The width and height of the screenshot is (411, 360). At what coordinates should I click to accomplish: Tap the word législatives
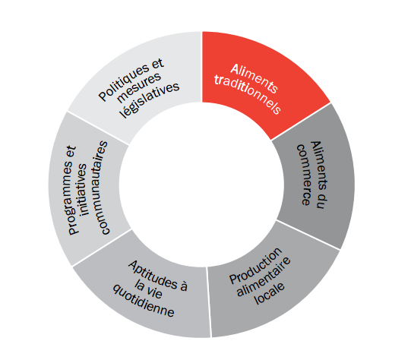pos(150,100)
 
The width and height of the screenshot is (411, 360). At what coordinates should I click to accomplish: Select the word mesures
pos(139,87)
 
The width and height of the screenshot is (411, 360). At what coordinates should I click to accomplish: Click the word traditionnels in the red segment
pos(248,94)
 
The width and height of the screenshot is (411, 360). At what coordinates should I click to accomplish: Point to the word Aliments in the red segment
pos(255,78)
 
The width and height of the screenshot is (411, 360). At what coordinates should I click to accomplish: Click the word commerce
pos(305,175)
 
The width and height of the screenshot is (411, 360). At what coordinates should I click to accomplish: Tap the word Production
pos(256,265)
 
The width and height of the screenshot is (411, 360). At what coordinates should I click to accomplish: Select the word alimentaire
pos(264,276)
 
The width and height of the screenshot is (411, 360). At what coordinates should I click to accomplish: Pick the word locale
pos(270,293)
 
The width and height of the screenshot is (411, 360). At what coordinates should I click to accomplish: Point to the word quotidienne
pos(144,302)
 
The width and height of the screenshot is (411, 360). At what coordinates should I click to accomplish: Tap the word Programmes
pos(72,190)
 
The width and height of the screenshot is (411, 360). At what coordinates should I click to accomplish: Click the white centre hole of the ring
pos(202,185)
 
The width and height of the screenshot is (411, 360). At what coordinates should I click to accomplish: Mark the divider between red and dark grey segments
pos(301,121)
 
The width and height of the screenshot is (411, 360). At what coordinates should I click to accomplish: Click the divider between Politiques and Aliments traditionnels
pos(201,67)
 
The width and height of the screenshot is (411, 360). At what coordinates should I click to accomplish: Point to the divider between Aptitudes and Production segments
pos(209,302)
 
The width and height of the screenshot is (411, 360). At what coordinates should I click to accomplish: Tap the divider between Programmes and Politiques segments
pos(98,128)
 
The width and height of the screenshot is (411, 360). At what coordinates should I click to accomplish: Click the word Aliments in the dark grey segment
pos(319,175)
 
